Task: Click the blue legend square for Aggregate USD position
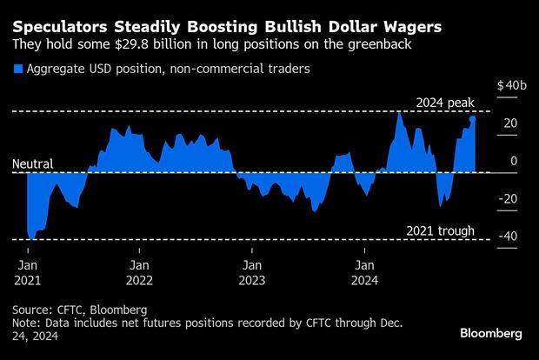click(x=17, y=68)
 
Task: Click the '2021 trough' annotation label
click(x=441, y=230)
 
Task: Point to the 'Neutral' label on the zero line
click(x=33, y=163)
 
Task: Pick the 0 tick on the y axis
click(x=515, y=161)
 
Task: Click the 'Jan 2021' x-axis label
click(x=27, y=272)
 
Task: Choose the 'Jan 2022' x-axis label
click(x=139, y=272)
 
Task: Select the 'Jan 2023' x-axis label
click(x=251, y=272)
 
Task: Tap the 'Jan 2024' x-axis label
click(x=363, y=272)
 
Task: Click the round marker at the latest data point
click(x=472, y=118)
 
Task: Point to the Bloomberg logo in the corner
click(x=491, y=333)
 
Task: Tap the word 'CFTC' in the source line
click(x=73, y=309)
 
